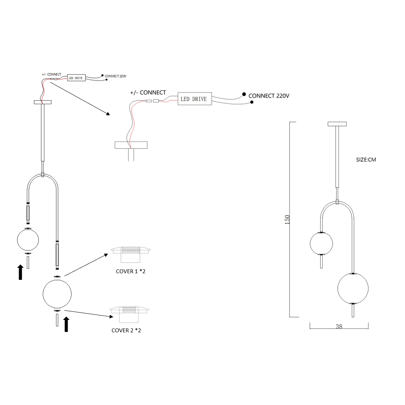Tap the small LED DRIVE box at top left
point(76,78)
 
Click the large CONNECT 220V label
point(269,96)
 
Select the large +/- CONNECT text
point(148,93)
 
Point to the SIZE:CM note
point(366,160)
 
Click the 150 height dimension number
point(288,220)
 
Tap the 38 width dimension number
point(339,327)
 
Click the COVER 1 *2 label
point(131,271)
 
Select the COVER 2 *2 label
point(126,330)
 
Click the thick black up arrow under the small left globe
point(20,272)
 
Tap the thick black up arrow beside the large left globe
point(66,324)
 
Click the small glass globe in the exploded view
point(28,240)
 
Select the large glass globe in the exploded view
point(57,293)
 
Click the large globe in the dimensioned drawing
point(353,289)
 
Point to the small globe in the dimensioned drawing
point(321,243)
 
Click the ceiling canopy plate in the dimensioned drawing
point(337,124)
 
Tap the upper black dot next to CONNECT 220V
point(244,94)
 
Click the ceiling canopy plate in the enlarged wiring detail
point(131,145)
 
